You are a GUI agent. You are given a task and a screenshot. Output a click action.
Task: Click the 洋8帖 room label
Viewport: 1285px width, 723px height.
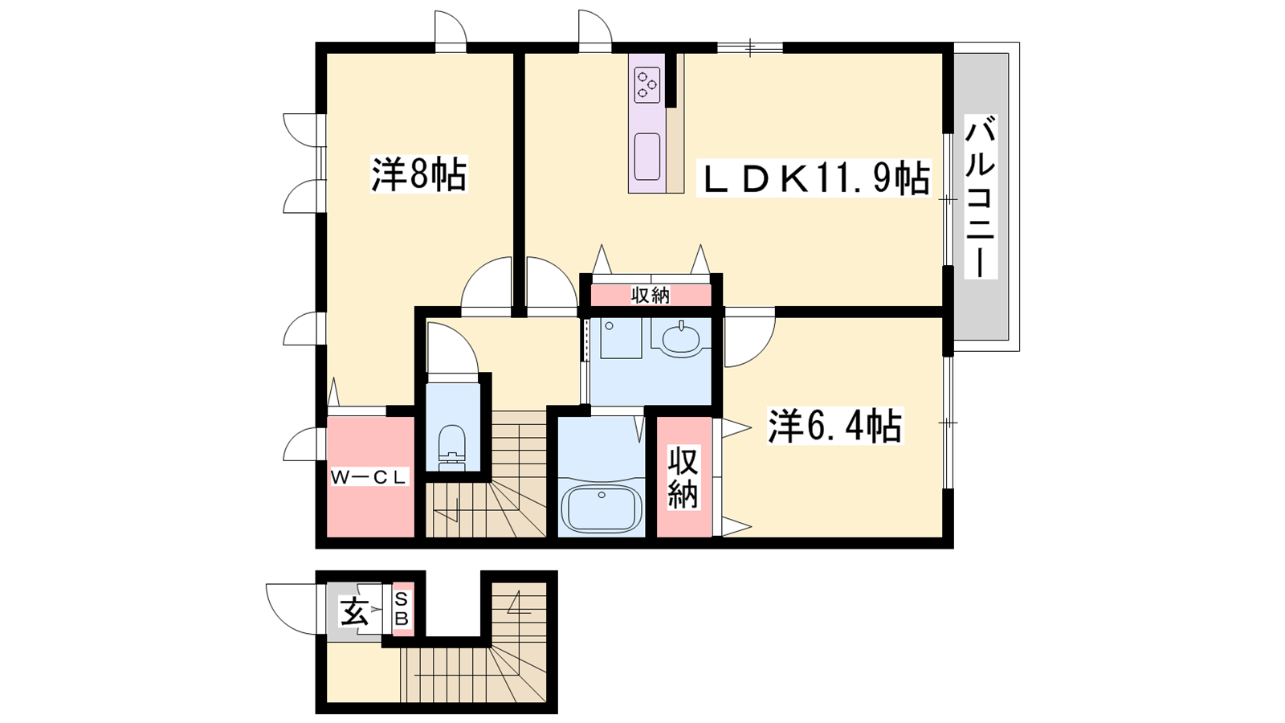pos(418,174)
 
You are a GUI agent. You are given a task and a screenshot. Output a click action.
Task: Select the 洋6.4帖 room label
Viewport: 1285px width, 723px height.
pos(834,426)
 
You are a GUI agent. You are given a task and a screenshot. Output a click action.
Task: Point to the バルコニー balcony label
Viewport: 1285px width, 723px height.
pos(981,196)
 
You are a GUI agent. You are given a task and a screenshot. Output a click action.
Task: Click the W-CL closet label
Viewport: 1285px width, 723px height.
pos(369,477)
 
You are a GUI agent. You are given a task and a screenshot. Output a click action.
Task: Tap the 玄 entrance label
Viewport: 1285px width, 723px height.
pos(354,611)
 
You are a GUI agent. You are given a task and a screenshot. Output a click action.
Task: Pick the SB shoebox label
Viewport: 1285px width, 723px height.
pos(401,610)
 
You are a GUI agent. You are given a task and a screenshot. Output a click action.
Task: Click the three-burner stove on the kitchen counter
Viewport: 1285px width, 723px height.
pos(647,84)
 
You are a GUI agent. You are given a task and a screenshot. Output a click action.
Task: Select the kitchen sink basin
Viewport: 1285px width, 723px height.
pos(647,157)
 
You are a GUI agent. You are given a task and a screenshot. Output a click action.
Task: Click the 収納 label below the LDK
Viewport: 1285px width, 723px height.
pos(650,296)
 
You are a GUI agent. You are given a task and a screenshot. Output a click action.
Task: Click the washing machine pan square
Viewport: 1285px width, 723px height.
pos(621,338)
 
